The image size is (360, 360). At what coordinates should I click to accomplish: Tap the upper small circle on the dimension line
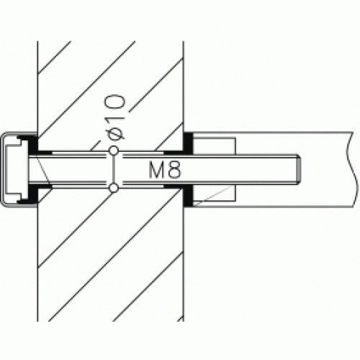coord(113,151)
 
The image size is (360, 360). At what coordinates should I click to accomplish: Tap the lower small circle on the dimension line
coord(113,189)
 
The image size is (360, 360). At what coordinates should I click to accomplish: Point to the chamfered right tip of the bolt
coord(298,170)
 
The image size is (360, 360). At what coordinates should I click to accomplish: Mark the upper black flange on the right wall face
coord(189,143)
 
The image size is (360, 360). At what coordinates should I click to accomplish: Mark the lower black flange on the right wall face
coord(189,197)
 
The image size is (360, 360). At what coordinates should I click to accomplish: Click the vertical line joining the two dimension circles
coord(113,170)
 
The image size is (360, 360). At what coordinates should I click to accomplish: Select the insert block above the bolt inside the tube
coord(215,146)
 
